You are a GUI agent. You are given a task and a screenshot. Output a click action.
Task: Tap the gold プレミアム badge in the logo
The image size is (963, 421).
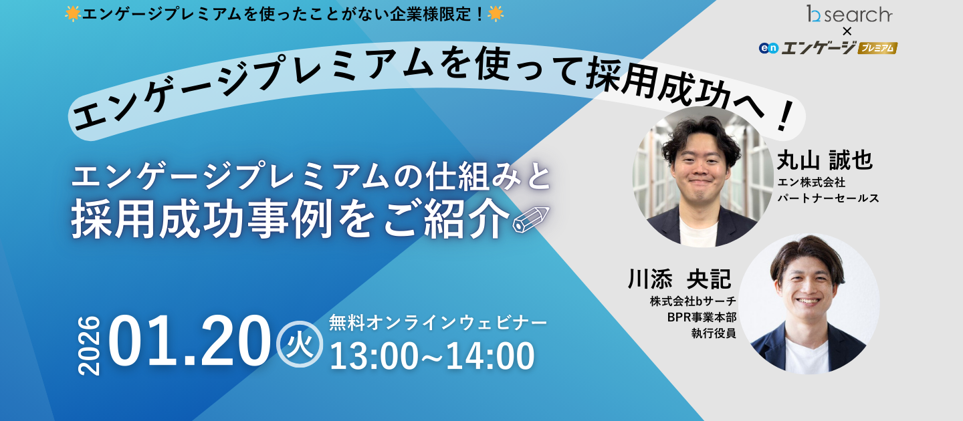[x=877, y=48]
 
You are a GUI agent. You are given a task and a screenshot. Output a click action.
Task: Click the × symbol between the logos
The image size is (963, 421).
[x=847, y=31]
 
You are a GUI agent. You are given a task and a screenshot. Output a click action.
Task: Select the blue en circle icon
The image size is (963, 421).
[x=768, y=48]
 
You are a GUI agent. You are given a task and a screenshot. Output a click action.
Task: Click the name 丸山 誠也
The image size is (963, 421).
[x=825, y=160]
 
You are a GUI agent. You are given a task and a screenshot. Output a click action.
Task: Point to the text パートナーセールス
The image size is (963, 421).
[x=828, y=198]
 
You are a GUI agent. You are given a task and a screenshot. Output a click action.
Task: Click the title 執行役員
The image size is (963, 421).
[x=714, y=333]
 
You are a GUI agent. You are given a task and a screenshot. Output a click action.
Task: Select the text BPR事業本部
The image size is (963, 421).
[x=701, y=317]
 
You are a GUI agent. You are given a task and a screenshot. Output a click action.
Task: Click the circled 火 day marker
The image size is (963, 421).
[x=299, y=345]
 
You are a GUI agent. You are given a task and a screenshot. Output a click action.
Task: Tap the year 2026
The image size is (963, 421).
[x=89, y=345]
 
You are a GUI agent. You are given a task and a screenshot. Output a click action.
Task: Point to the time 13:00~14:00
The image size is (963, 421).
[x=432, y=356]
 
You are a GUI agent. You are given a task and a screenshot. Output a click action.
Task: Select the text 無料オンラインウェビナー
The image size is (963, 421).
[x=438, y=323]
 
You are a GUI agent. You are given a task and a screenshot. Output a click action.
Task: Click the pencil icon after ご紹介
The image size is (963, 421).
[x=530, y=220]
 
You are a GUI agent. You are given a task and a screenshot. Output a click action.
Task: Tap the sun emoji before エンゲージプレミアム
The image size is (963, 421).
[x=72, y=13]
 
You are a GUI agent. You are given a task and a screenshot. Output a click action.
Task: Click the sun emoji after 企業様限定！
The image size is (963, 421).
[x=496, y=13]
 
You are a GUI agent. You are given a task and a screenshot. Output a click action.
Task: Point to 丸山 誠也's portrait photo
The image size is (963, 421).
[x=703, y=176]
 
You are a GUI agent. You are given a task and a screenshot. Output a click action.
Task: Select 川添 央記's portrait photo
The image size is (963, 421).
[x=809, y=303]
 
